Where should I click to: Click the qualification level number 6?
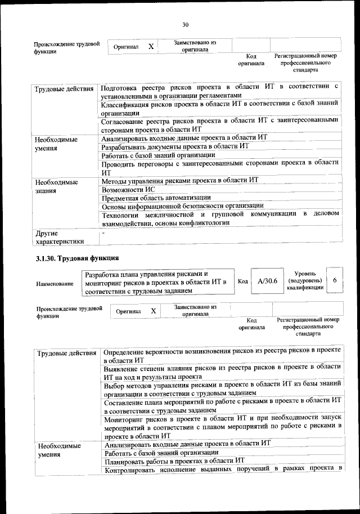tap(335, 280)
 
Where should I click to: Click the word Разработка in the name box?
tap(103, 274)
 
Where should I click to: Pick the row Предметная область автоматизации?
tap(156, 198)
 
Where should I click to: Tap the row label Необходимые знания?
tap(56, 186)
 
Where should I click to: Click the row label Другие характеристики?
tap(58, 237)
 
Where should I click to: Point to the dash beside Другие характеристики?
tap(103, 232)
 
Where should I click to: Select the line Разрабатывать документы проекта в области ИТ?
tap(175, 146)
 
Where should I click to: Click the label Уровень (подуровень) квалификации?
tap(304, 280)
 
